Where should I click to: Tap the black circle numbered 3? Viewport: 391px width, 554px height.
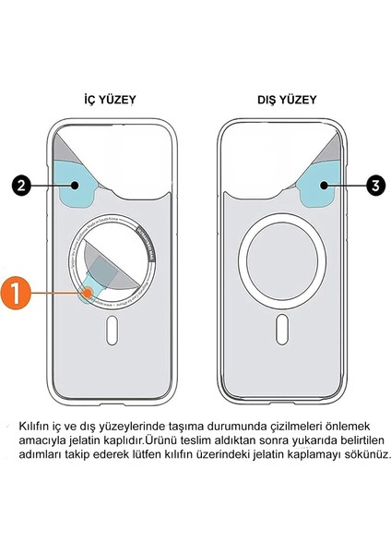click(374, 185)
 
